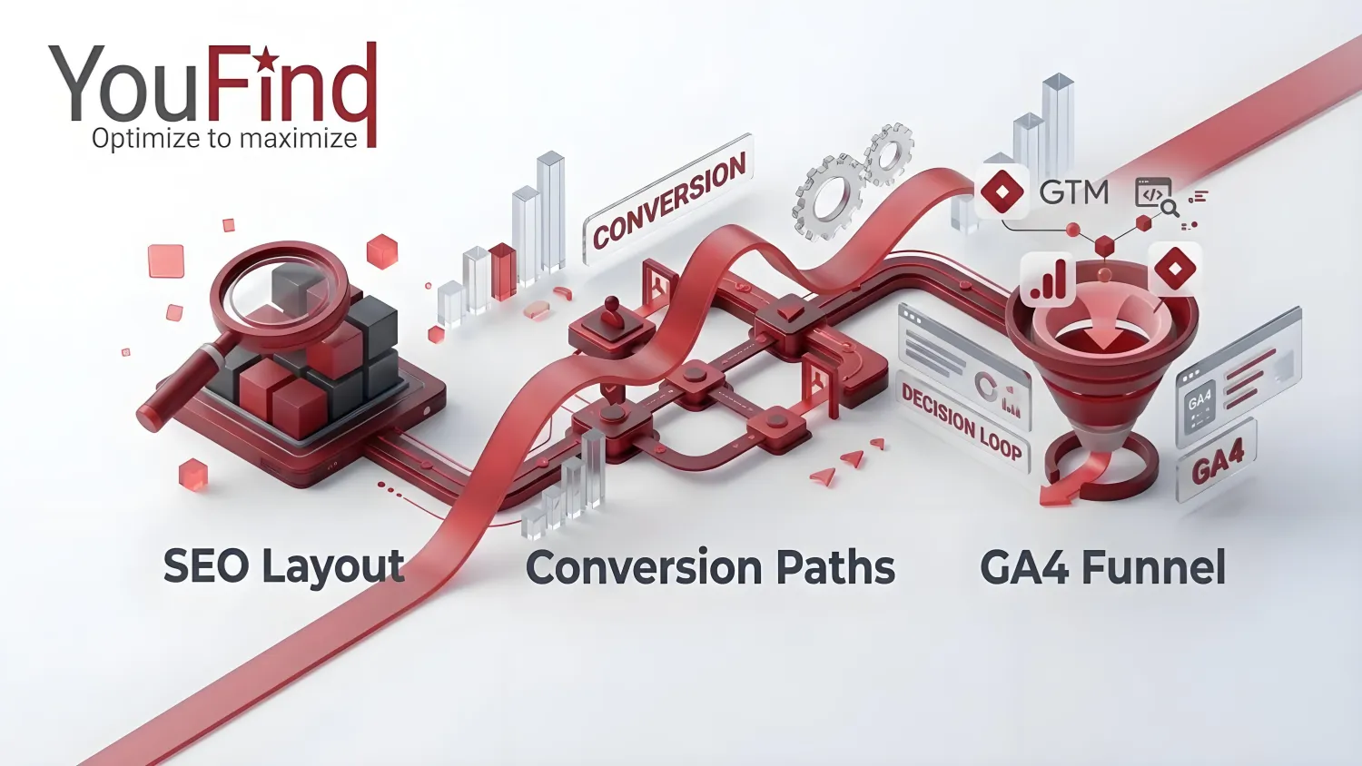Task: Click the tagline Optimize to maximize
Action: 224,138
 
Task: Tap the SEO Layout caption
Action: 284,566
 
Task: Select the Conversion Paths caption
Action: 710,566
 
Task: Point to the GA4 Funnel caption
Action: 1102,566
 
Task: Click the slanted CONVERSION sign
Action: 669,200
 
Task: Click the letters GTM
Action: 1074,192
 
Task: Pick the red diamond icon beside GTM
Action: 1001,191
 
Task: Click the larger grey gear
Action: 827,198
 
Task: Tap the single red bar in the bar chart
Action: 503,271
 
